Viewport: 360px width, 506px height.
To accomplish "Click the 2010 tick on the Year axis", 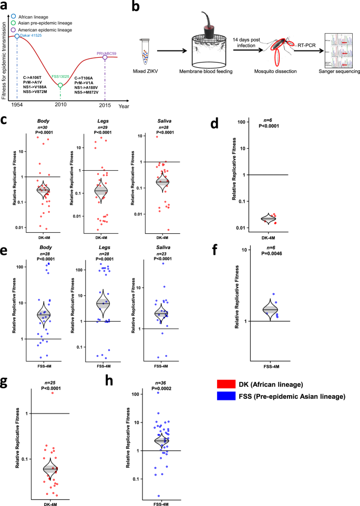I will tap(61, 106).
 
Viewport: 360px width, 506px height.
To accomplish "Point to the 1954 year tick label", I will tap(16, 106).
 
